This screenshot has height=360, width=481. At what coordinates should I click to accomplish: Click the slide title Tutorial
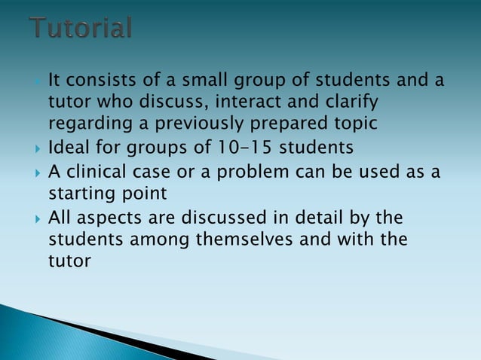[x=81, y=28]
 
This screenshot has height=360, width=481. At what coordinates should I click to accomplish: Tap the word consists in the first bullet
[x=96, y=79]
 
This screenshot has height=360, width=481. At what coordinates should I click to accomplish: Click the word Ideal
[x=69, y=145]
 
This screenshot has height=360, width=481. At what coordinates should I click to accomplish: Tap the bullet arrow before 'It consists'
[x=38, y=80]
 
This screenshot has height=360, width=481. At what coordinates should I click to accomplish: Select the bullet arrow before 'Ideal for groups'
[x=38, y=146]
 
